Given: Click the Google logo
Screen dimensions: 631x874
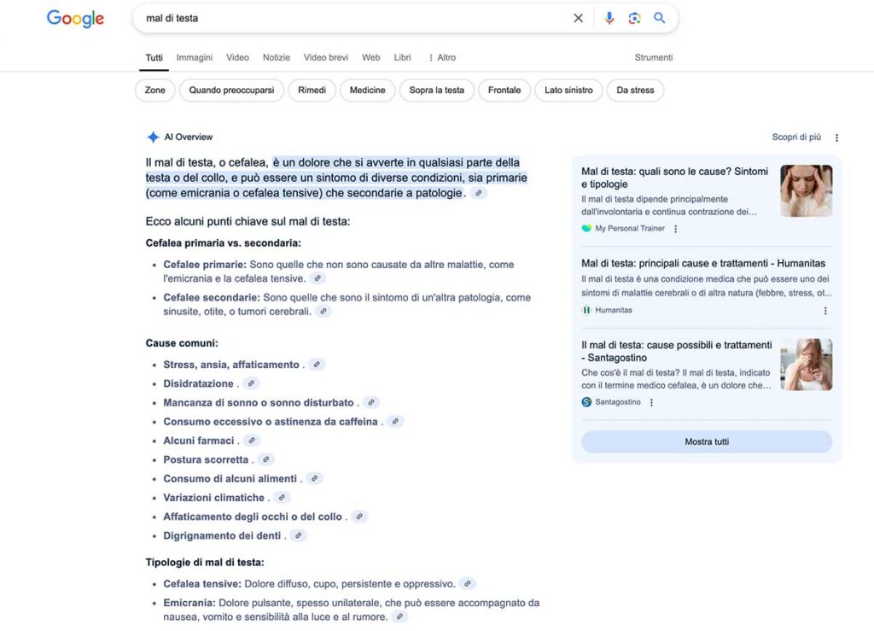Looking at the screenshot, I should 75,18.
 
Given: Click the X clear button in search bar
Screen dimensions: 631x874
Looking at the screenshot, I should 578,18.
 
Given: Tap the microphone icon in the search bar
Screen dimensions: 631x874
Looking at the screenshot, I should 609,18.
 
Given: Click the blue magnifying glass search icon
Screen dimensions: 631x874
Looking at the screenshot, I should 659,18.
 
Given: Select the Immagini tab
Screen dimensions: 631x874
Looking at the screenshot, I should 195,57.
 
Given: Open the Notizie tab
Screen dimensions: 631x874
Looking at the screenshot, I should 276,57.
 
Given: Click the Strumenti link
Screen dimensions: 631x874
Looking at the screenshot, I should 653,57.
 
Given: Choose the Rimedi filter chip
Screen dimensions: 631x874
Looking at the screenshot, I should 312,90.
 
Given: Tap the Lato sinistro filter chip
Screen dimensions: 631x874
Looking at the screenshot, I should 568,90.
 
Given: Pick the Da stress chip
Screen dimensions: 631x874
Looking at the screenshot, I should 635,90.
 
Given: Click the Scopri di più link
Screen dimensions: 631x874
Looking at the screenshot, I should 796,137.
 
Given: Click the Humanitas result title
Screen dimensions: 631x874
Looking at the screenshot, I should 703,263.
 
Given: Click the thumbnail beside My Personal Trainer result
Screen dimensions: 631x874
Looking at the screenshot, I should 806,190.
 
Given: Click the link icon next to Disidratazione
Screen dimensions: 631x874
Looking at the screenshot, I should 250,383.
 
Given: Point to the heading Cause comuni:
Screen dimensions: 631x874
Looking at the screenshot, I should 182,342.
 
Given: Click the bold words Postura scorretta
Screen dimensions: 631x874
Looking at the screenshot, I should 206,459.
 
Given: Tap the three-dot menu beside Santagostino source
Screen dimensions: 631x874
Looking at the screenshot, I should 651,402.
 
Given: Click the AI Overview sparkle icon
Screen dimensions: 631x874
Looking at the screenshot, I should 153,137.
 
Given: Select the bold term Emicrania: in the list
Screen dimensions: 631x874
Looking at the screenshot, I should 189,603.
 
